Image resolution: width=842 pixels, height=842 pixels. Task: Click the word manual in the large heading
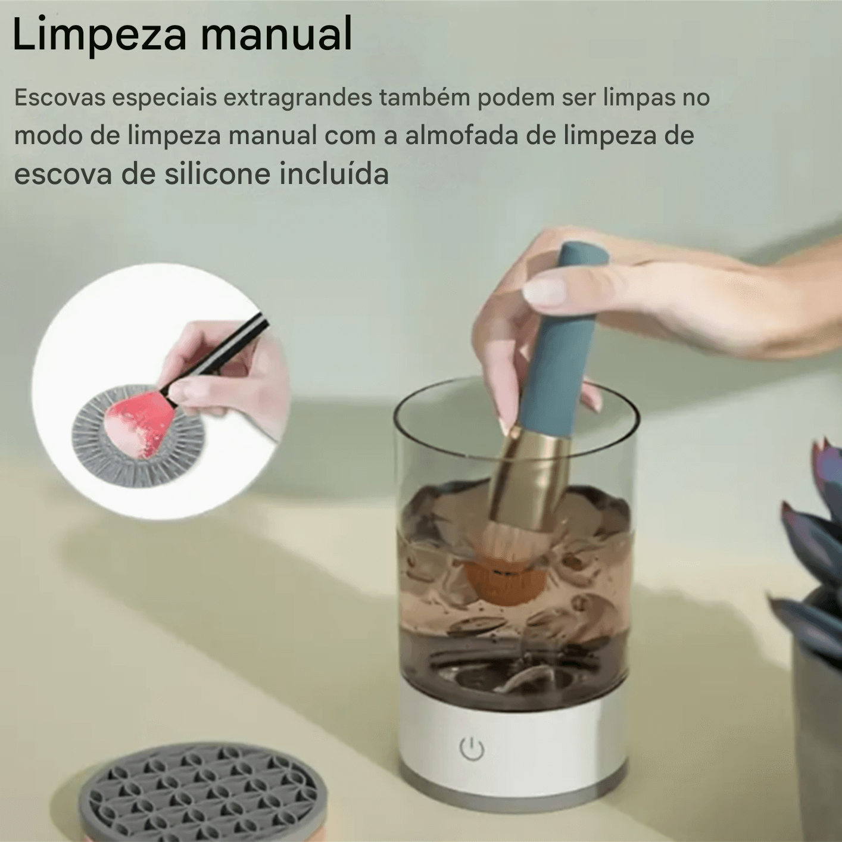[x=276, y=34]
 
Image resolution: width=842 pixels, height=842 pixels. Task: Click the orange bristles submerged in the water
[x=503, y=581]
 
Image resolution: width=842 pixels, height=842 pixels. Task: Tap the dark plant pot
[x=819, y=715]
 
